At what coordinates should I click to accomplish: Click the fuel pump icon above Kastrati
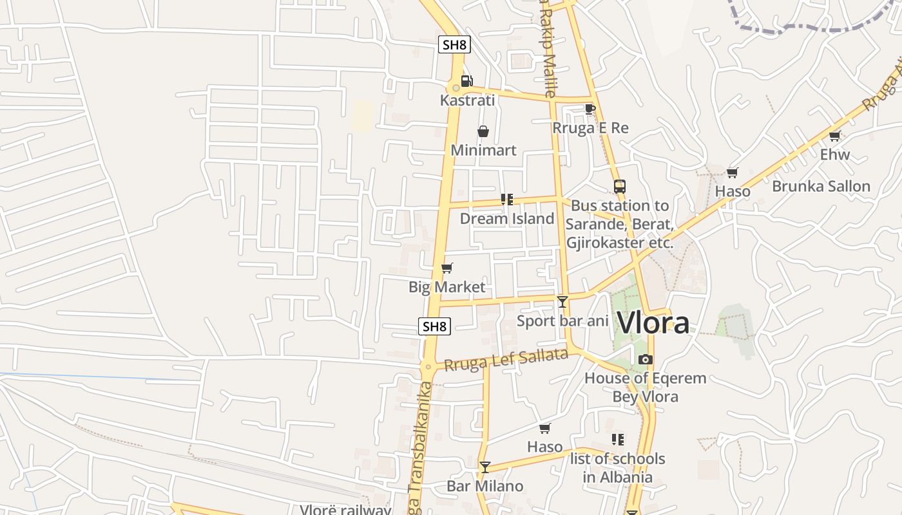pyautogui.click(x=466, y=81)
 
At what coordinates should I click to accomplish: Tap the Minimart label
pyautogui.click(x=483, y=151)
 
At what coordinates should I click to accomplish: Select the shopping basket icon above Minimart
pyautogui.click(x=483, y=131)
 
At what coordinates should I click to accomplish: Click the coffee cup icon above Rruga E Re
pyautogui.click(x=589, y=109)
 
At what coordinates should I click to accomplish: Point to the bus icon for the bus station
pyautogui.click(x=619, y=187)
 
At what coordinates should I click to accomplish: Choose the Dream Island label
pyautogui.click(x=506, y=219)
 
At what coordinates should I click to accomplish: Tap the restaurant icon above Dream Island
pyautogui.click(x=506, y=200)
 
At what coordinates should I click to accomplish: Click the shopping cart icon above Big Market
pyautogui.click(x=446, y=268)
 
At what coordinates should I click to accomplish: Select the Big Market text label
pyautogui.click(x=446, y=287)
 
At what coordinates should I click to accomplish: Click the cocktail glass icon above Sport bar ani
pyautogui.click(x=562, y=301)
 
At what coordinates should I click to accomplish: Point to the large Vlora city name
pyautogui.click(x=653, y=323)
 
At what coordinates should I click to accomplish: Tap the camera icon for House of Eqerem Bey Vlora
pyautogui.click(x=645, y=359)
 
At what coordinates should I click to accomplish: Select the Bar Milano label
pyautogui.click(x=485, y=486)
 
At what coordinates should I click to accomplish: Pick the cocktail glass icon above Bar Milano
pyautogui.click(x=485, y=467)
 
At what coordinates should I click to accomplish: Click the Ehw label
pyautogui.click(x=834, y=154)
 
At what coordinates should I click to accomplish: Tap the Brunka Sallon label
pyautogui.click(x=821, y=187)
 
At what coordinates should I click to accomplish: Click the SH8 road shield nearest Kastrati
pyautogui.click(x=454, y=44)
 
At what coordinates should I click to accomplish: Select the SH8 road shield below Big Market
pyautogui.click(x=434, y=326)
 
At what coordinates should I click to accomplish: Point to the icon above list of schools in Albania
pyautogui.click(x=617, y=440)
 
